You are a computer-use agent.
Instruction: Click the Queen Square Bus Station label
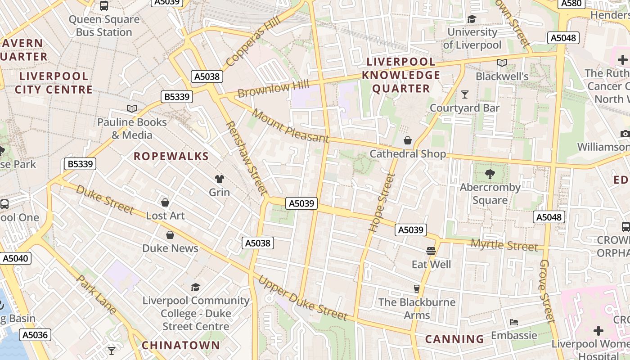[x=104, y=26]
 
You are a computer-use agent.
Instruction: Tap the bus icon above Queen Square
[x=104, y=6]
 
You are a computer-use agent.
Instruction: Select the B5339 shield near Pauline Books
[x=177, y=97]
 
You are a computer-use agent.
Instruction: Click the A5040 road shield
[x=15, y=258]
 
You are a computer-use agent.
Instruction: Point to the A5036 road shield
[x=35, y=335]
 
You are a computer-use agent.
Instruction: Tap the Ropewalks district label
[x=171, y=156]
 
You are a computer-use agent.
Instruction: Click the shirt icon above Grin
[x=219, y=179]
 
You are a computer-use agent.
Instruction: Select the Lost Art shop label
[x=165, y=216]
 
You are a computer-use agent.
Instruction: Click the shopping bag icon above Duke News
[x=170, y=235]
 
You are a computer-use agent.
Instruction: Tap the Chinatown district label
[x=181, y=345]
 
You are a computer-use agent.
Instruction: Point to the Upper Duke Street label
[x=302, y=298]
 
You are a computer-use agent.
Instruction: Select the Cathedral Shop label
[x=408, y=154]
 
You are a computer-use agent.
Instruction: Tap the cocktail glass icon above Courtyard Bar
[x=464, y=94]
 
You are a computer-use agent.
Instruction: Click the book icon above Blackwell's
[x=502, y=63]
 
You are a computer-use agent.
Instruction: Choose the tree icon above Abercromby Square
[x=490, y=174]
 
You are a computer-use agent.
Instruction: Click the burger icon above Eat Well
[x=431, y=251]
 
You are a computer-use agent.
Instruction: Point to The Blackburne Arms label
[x=417, y=308]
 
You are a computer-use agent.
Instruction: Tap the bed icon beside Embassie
[x=513, y=322]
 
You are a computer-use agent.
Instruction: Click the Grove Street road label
[x=547, y=290]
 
